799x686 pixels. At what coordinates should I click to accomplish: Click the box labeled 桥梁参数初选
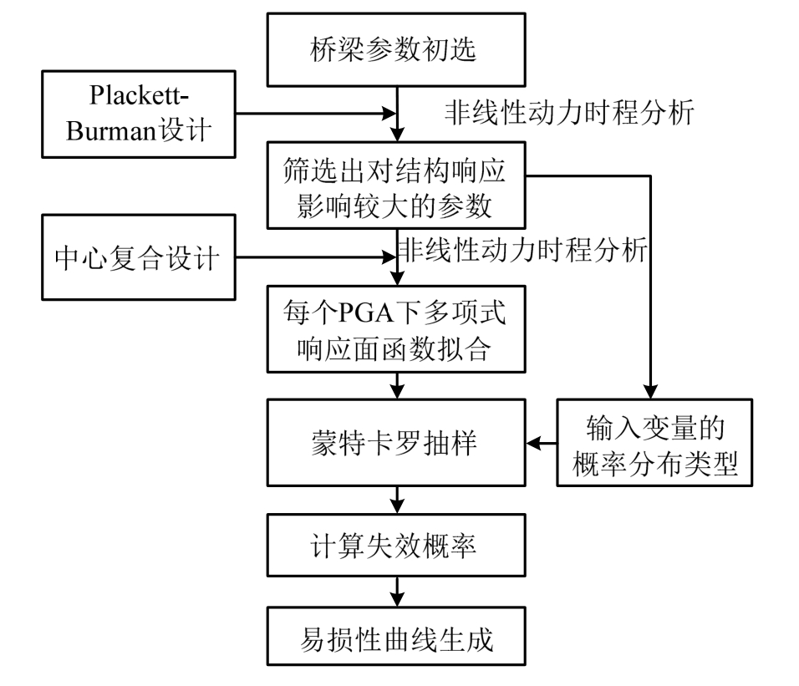tap(397, 50)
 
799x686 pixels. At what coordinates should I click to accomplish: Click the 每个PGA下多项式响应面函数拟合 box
tap(397, 331)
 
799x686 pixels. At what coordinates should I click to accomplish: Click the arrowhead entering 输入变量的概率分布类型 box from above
tap(649, 389)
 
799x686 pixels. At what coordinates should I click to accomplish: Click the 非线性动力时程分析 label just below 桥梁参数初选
tap(569, 112)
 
